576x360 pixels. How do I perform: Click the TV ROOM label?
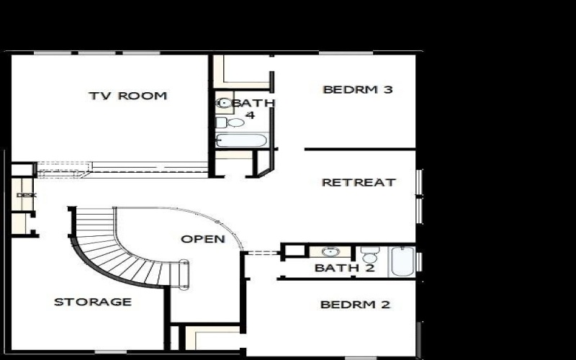127,96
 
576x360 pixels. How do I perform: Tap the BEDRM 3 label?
358,90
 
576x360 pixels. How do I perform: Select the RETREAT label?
358,182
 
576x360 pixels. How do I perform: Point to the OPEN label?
202,239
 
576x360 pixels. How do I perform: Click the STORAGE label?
93,302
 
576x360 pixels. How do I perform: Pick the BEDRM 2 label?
355,305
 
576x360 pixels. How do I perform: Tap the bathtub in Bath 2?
402,261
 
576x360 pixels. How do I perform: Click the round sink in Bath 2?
330,252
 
